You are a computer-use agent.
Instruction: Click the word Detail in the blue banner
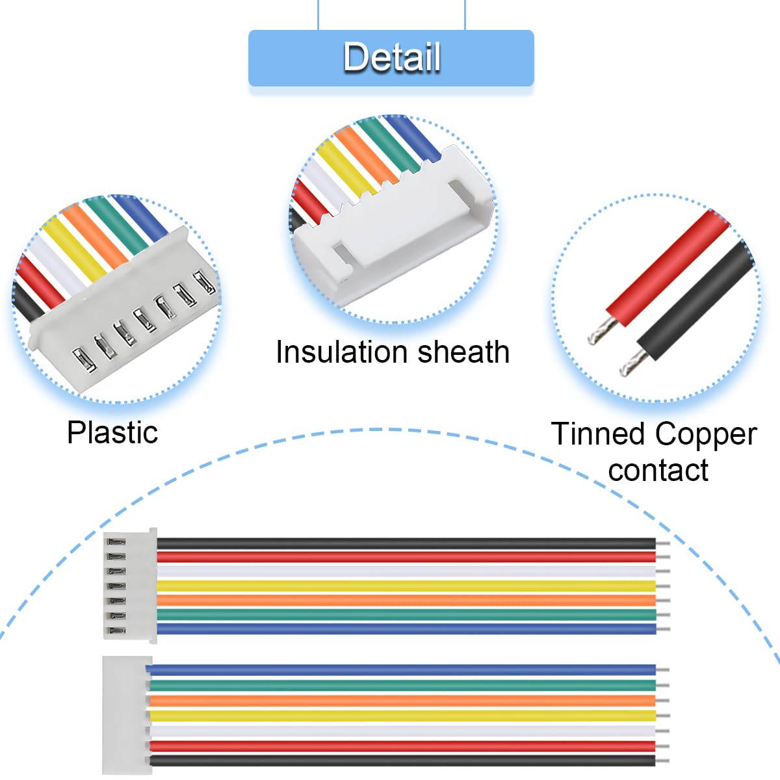tap(392, 57)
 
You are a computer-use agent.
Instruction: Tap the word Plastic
tap(112, 433)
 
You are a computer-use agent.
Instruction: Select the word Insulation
tap(343, 352)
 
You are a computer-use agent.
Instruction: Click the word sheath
tap(463, 352)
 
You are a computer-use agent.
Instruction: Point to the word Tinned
tap(597, 434)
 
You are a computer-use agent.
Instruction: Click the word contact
tap(658, 471)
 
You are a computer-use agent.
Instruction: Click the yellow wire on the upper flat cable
tap(406, 586)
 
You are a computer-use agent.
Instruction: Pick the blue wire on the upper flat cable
tap(406, 629)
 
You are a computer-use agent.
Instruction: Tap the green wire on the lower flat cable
tap(403, 685)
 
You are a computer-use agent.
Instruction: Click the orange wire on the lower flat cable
tap(403, 701)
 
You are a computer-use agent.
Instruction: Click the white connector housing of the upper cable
tap(131, 586)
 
